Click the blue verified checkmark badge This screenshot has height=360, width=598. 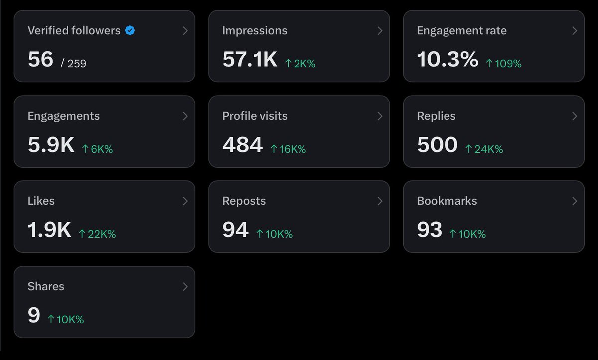pyautogui.click(x=130, y=31)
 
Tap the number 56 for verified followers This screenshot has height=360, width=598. pyautogui.click(x=40, y=60)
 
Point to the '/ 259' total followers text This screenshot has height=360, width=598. pyautogui.click(x=73, y=63)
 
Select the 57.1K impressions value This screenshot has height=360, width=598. pyautogui.click(x=250, y=60)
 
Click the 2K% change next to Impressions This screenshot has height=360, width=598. pyautogui.click(x=300, y=64)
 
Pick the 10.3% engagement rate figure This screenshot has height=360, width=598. pyautogui.click(x=448, y=60)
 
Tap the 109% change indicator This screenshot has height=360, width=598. pyautogui.click(x=504, y=64)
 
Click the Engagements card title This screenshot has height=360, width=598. pyautogui.click(x=64, y=116)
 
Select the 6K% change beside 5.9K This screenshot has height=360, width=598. pyautogui.click(x=97, y=149)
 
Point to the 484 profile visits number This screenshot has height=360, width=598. pyautogui.click(x=242, y=145)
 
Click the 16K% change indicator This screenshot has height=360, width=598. pyautogui.click(x=288, y=149)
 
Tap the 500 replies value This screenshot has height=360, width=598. pyautogui.click(x=437, y=145)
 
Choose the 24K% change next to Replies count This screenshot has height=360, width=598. pyautogui.click(x=484, y=149)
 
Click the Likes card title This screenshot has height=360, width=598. pyautogui.click(x=41, y=201)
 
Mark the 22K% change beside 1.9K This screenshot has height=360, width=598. pyautogui.click(x=97, y=234)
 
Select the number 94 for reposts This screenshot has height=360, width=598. pyautogui.click(x=235, y=230)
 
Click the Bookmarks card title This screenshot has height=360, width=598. pyautogui.click(x=447, y=201)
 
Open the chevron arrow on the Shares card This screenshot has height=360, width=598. pyautogui.click(x=185, y=287)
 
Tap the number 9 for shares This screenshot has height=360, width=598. pyautogui.click(x=34, y=316)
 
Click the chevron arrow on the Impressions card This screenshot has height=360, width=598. pyautogui.click(x=380, y=31)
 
